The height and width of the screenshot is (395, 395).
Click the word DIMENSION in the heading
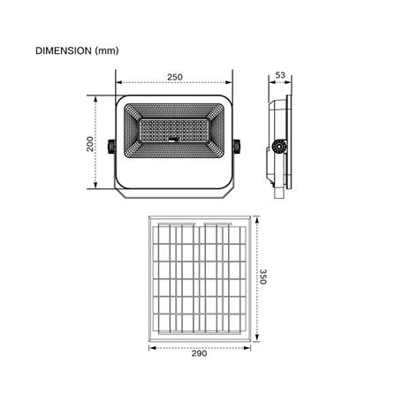point(64,50)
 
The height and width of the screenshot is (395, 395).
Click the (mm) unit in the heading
point(107,50)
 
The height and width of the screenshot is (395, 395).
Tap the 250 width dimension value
point(175,77)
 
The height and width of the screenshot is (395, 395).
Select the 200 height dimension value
point(90,144)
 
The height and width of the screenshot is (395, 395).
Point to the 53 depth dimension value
point(280,75)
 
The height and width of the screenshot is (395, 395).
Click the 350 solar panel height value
point(263,277)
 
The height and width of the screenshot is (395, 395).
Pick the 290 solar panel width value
point(199,353)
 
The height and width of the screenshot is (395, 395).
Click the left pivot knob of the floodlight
point(112,147)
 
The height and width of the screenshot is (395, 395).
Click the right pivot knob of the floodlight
point(237,147)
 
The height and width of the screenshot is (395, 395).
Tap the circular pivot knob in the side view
point(278,147)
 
